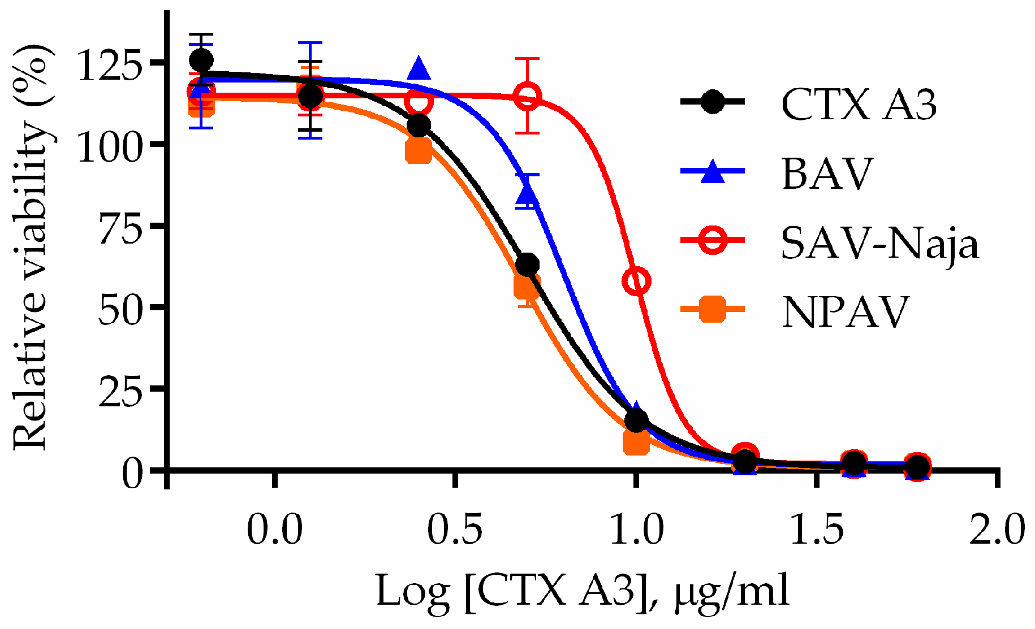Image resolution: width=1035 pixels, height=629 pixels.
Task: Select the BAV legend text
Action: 827,173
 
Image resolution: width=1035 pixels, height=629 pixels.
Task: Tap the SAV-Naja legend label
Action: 879,243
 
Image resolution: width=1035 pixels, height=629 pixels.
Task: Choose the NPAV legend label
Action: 844,311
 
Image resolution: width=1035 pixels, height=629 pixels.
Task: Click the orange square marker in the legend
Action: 713,309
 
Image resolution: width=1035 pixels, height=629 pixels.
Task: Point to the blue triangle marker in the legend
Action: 713,172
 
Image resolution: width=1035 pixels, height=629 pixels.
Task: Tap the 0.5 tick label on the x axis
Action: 455,530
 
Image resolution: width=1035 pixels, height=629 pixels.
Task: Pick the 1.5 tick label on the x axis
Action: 816,530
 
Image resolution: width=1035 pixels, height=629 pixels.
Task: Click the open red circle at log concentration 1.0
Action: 636,281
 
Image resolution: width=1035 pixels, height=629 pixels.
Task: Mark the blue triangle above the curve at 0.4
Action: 419,69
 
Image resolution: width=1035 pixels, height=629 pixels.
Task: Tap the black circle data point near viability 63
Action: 527,264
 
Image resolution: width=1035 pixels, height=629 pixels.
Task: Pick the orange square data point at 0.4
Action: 419,151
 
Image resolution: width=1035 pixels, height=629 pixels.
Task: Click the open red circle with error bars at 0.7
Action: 527,96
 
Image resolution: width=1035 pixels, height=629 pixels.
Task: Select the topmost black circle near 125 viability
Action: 201,60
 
